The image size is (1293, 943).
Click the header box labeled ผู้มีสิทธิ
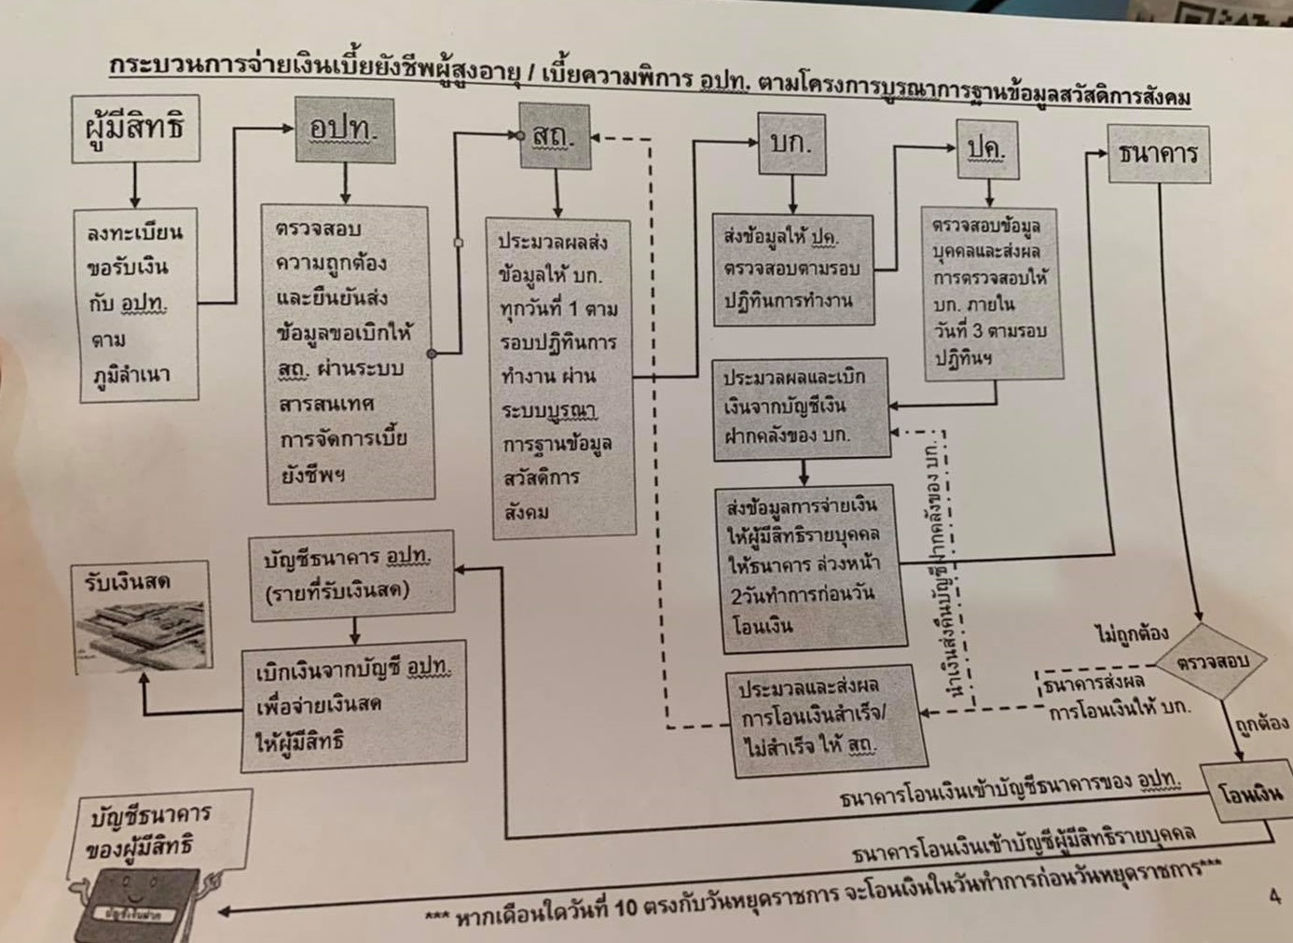tap(136, 129)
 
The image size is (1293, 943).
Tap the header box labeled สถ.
tap(555, 136)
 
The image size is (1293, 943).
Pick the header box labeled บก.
tap(792, 144)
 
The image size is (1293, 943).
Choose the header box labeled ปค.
tap(987, 149)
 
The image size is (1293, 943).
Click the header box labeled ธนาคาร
tap(1158, 154)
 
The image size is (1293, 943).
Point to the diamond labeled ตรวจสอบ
tap(1212, 662)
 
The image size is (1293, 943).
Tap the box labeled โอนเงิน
tap(1250, 794)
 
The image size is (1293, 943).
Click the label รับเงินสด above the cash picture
tap(127, 581)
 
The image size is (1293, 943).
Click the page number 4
tap(1274, 896)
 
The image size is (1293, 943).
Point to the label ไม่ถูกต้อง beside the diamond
tap(1131, 634)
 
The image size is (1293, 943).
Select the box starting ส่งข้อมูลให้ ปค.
tap(792, 270)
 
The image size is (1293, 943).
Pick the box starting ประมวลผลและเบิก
tap(800, 408)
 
